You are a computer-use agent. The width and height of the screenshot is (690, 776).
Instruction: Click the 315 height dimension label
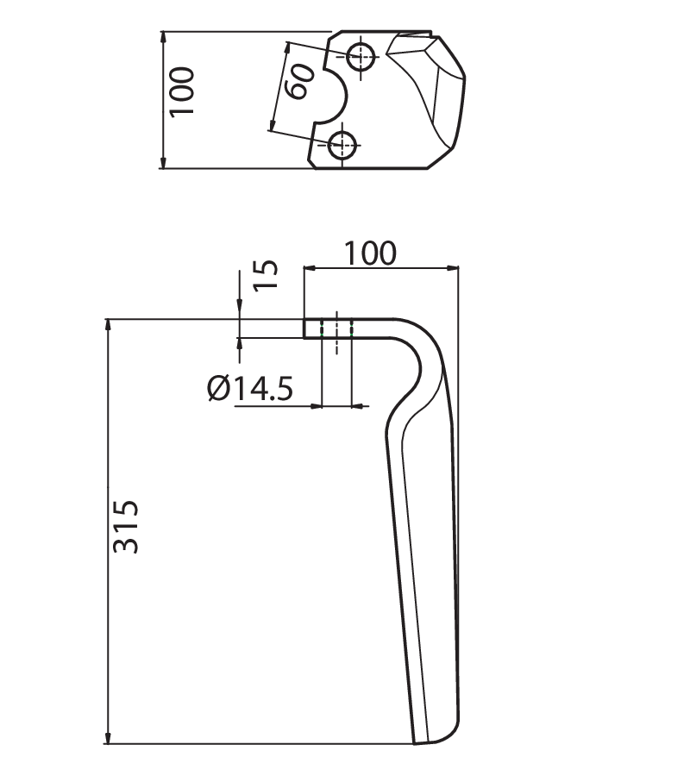(126, 527)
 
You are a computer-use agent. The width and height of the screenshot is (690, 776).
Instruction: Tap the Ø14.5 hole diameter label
(250, 388)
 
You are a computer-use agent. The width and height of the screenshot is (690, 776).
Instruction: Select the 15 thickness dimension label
(266, 275)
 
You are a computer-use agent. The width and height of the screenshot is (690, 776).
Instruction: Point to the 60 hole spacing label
(300, 81)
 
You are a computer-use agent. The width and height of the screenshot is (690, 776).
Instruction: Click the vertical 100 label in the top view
(182, 92)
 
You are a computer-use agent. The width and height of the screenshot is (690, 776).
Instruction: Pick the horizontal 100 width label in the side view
(370, 253)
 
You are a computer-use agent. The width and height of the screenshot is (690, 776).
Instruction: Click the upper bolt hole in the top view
(361, 57)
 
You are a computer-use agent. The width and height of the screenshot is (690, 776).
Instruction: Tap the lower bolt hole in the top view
(342, 145)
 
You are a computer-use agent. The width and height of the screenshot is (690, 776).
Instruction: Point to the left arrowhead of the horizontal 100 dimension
(309, 268)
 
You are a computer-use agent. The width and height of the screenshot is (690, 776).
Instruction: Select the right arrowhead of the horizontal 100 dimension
(453, 268)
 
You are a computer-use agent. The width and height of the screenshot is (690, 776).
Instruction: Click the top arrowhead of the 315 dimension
(108, 325)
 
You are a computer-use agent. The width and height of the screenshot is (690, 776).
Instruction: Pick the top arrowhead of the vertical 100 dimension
(164, 37)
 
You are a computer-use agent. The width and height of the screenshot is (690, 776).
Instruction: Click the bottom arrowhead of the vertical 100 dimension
(164, 162)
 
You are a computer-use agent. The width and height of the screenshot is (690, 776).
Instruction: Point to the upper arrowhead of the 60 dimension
(285, 49)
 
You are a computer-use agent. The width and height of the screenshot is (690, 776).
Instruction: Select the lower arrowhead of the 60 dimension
(272, 125)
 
